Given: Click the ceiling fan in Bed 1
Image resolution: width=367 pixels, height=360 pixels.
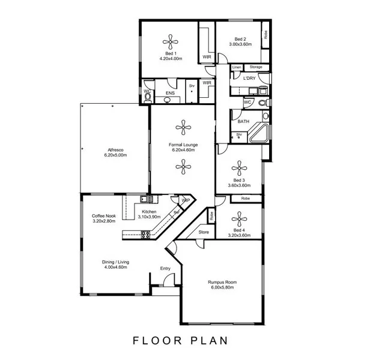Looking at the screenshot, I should pyautogui.click(x=171, y=43).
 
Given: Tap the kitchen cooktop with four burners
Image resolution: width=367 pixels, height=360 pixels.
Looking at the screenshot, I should pyautogui.click(x=145, y=235).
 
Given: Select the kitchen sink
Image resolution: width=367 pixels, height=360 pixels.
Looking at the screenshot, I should pyautogui.click(x=144, y=199).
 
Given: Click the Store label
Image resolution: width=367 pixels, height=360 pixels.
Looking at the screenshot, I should pyautogui.click(x=203, y=232).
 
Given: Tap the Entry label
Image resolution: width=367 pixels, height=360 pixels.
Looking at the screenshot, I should pyautogui.click(x=165, y=268).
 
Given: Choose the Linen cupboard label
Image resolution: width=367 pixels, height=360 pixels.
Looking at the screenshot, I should pyautogui.click(x=237, y=67).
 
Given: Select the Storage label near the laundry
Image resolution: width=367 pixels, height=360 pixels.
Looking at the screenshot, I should pyautogui.click(x=256, y=67).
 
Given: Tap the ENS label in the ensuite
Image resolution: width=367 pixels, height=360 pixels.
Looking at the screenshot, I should pyautogui.click(x=170, y=93).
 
